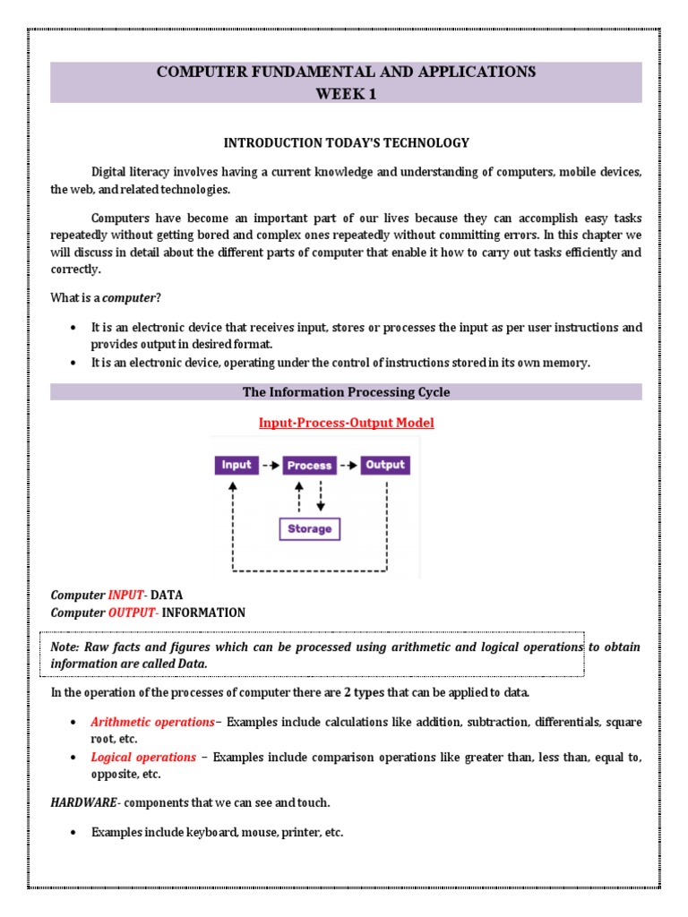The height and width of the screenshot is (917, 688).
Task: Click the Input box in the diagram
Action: [x=236, y=465]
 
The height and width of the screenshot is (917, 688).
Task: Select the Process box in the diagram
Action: [x=309, y=466]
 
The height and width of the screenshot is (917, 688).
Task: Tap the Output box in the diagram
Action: [x=385, y=465]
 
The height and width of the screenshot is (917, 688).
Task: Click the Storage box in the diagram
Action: [x=309, y=529]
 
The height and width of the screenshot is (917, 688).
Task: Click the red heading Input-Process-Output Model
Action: [x=346, y=423]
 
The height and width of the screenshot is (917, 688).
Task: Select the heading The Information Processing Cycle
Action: [x=346, y=392]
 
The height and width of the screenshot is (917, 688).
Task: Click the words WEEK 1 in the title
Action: [x=346, y=93]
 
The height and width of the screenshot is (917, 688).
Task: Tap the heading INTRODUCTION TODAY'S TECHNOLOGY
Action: [x=346, y=142]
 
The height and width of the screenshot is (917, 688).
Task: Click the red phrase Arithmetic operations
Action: [x=152, y=722]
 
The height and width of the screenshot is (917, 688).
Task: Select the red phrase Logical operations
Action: [x=143, y=757]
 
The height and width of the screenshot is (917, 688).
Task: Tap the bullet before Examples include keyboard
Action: [x=72, y=833]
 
